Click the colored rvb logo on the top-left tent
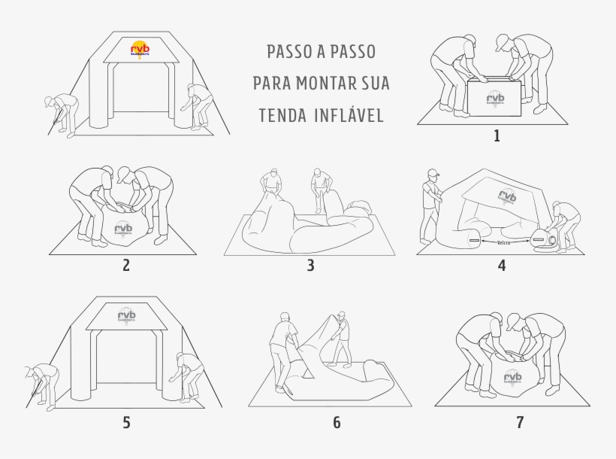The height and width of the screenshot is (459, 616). click(x=140, y=47)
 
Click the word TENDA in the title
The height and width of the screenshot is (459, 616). click(x=281, y=115)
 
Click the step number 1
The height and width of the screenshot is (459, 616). click(x=496, y=136)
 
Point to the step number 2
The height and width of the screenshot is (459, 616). click(x=126, y=264)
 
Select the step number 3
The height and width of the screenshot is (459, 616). click(x=310, y=265)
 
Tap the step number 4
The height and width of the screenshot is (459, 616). click(x=501, y=265)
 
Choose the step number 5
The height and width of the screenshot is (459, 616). click(x=126, y=423)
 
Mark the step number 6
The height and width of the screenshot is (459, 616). click(x=337, y=423)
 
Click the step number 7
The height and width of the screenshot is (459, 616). click(x=519, y=423)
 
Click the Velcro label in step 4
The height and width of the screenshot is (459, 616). click(x=508, y=243)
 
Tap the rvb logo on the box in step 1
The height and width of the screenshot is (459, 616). click(x=496, y=99)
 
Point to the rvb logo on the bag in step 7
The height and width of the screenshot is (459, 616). click(x=512, y=378)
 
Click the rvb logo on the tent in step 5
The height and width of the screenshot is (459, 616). click(x=127, y=316)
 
